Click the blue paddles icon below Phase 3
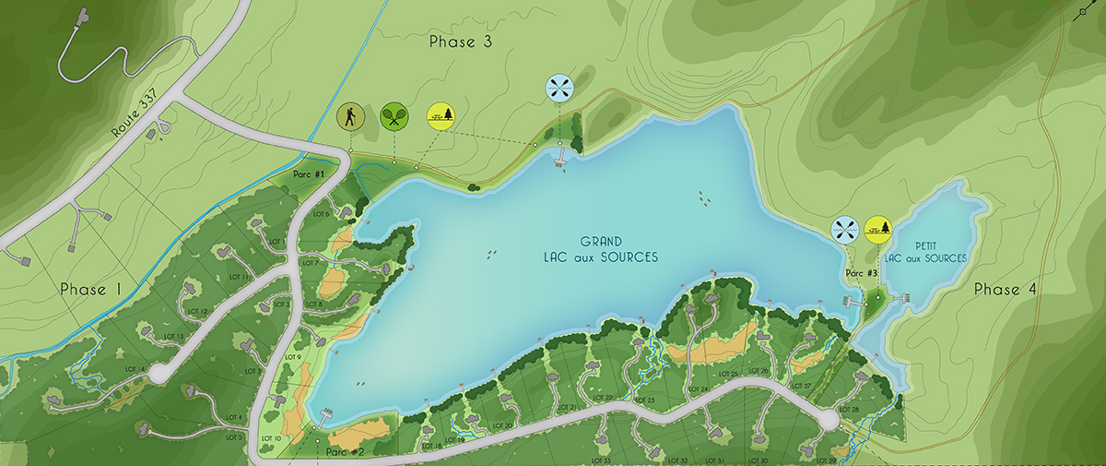coord(559,89)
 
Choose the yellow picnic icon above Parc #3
coord(878,229)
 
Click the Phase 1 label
coord(90,290)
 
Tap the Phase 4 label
coord(1006,290)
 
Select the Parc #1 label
coord(309,174)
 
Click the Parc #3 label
coord(861,273)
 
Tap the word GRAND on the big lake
coord(600,242)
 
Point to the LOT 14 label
coord(135,369)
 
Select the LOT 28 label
coord(849,409)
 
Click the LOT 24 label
coord(698,388)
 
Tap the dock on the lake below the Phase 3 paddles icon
coord(559,162)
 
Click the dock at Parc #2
coord(326,412)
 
